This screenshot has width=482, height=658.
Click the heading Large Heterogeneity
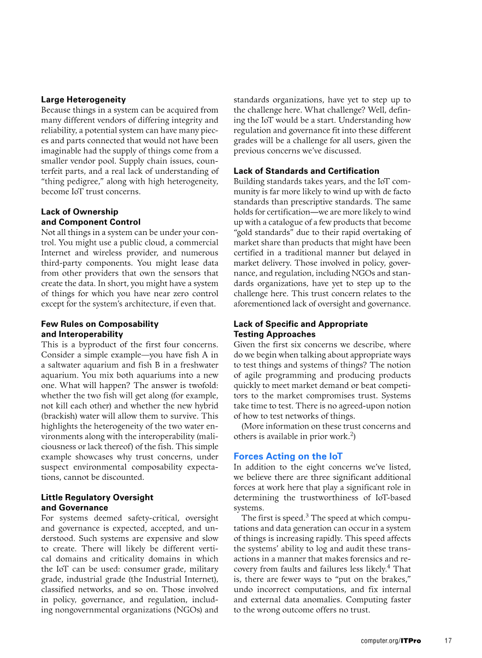tap(83, 99)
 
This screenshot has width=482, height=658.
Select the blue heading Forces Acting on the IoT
tap(288, 456)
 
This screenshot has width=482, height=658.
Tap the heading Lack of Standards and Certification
tap(306, 171)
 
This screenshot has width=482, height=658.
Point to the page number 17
tap(449, 641)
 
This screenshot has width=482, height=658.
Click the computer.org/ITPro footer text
tap(391, 641)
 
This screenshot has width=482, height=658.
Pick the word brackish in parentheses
tap(59, 416)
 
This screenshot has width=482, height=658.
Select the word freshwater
tap(195, 365)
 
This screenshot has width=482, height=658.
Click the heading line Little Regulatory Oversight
tap(97, 497)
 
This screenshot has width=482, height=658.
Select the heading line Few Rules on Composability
tap(99, 324)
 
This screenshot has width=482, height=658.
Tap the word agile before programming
tap(251, 375)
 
